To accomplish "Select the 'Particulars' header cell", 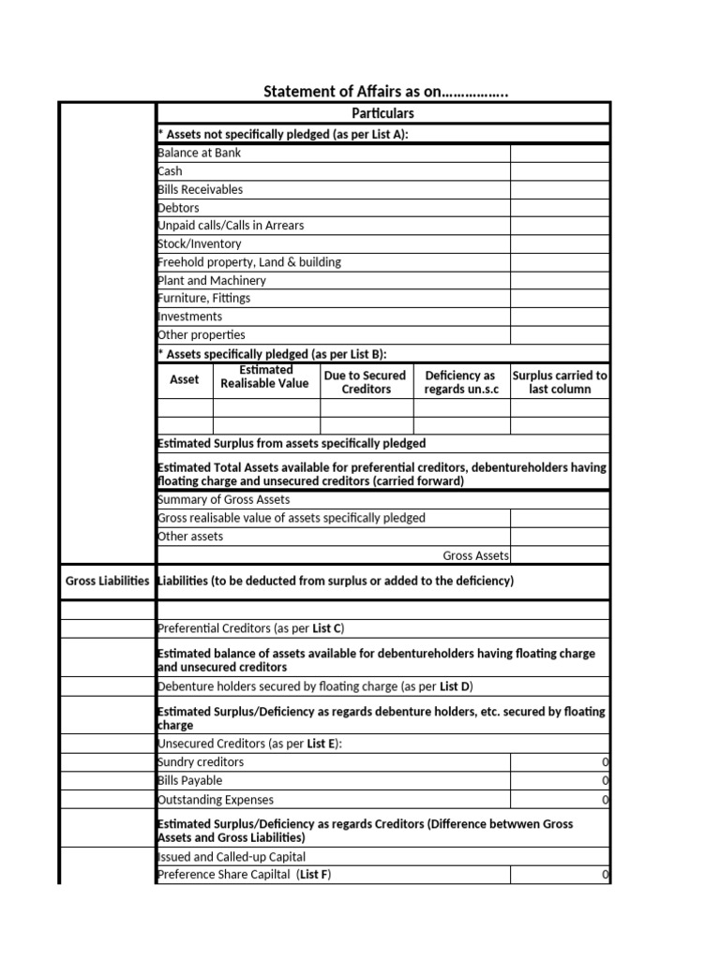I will tap(382, 113).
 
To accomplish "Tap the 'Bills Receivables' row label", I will tap(200, 189).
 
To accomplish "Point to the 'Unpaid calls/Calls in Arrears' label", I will tap(231, 226).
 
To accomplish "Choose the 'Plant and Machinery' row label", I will tap(212, 280).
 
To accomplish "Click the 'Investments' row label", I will tap(190, 317).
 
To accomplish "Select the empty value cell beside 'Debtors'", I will tap(560, 208).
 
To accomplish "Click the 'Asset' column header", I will tap(184, 380).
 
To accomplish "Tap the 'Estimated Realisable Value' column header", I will tap(266, 376).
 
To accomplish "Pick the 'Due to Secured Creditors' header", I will tap(366, 382).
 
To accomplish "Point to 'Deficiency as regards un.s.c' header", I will tap(460, 382).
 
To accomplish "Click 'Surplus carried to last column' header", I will tap(560, 382).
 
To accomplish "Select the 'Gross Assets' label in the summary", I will tap(476, 556).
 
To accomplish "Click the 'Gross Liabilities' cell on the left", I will tap(107, 582).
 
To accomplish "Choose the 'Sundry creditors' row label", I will tap(201, 762).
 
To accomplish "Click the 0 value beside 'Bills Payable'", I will tap(606, 781).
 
